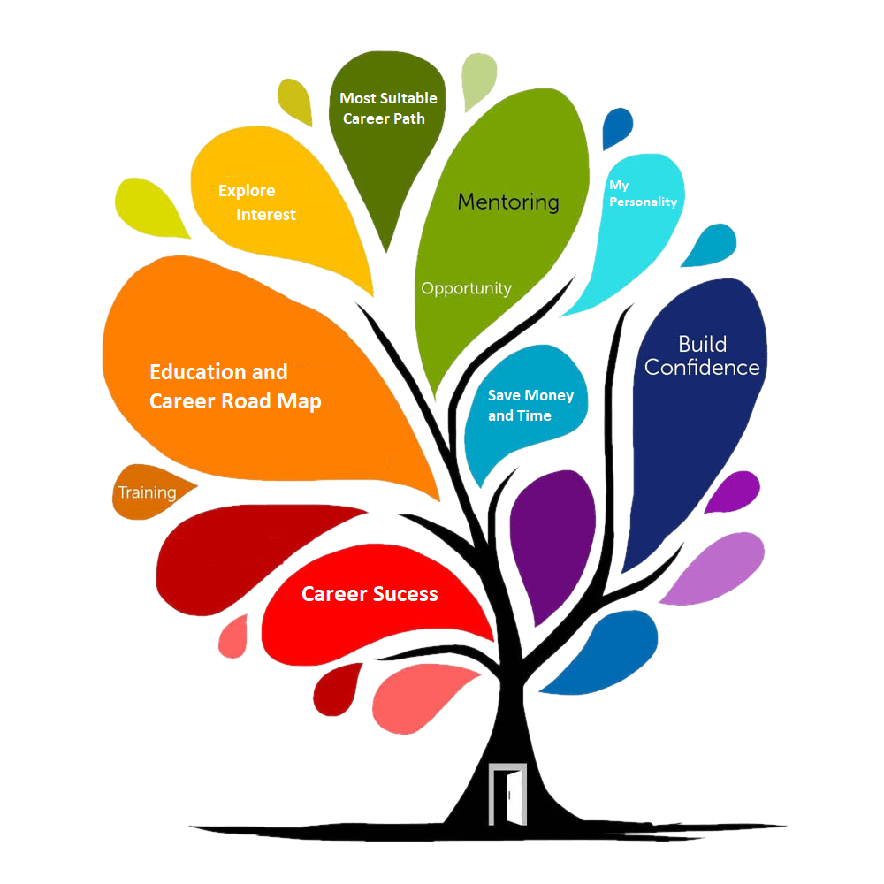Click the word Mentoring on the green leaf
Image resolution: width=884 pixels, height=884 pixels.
tap(507, 202)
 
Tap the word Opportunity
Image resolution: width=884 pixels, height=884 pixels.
tap(466, 288)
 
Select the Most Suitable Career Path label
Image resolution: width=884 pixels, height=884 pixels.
tap(388, 108)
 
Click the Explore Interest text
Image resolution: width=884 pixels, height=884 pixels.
tap(256, 202)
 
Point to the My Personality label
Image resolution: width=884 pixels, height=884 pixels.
tap(643, 194)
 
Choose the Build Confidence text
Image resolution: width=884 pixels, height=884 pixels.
tap(702, 355)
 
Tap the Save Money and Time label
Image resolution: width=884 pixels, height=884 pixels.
tap(530, 405)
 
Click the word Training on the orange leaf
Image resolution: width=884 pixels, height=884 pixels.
tap(147, 492)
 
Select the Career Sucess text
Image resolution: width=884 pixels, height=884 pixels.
tap(370, 594)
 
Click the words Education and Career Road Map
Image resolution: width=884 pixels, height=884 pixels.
tap(235, 386)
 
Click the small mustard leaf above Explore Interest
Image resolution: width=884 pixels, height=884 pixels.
tap(295, 103)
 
